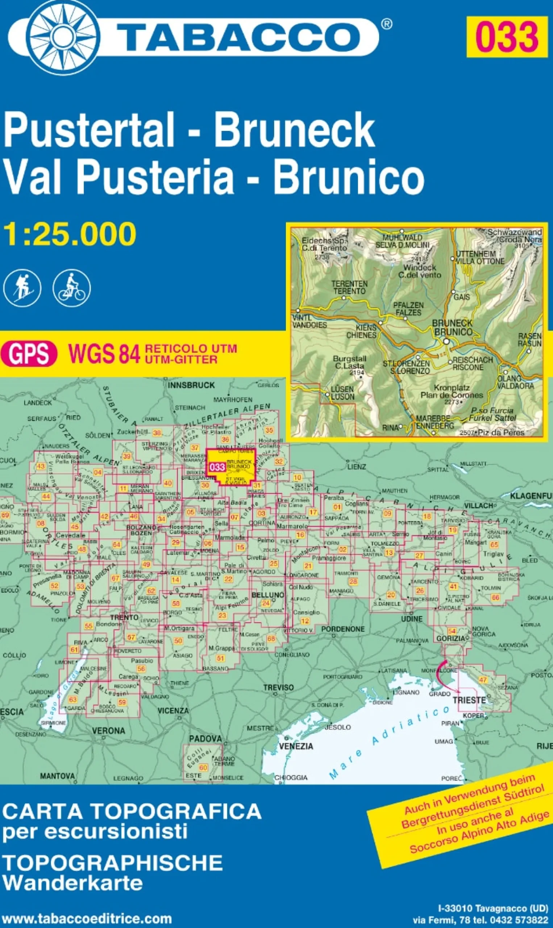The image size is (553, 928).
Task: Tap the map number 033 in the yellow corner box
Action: (507, 37)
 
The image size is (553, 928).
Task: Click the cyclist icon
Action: (71, 288)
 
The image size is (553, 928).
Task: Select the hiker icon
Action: (22, 288)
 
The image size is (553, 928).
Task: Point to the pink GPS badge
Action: (29, 354)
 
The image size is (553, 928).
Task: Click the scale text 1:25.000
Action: (70, 234)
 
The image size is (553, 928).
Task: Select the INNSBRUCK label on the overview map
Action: (191, 385)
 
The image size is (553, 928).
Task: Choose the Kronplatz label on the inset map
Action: (452, 388)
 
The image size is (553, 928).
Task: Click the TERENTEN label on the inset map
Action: (350, 284)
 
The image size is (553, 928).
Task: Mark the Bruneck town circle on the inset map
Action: (446, 341)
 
